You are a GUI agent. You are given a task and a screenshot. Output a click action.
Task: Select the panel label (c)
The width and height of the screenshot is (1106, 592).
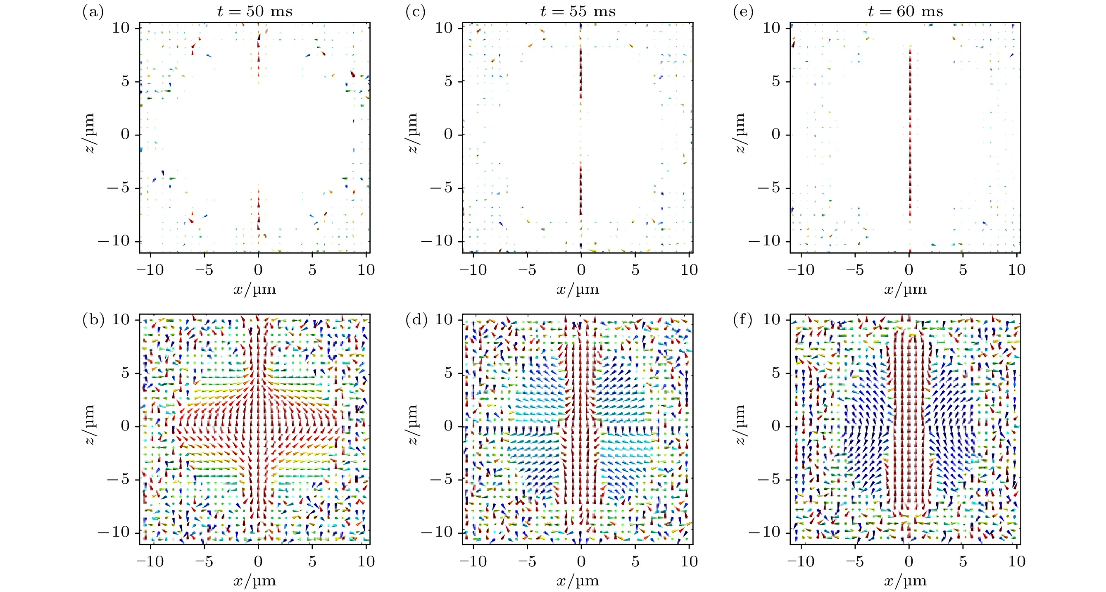[416, 12]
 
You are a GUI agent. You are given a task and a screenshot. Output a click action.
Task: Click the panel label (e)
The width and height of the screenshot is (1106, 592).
[743, 12]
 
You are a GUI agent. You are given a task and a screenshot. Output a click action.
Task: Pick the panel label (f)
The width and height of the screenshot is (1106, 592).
[743, 320]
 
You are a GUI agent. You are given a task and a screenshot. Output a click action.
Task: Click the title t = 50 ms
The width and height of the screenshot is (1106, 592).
[255, 11]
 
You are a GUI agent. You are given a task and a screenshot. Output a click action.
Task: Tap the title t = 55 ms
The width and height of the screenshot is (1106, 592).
[578, 11]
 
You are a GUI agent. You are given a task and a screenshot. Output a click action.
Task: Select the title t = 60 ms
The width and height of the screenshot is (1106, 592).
[906, 11]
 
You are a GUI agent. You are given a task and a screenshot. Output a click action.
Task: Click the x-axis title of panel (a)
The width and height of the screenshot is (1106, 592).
[254, 289]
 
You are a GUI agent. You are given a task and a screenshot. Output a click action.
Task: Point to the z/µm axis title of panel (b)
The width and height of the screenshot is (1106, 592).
[89, 425]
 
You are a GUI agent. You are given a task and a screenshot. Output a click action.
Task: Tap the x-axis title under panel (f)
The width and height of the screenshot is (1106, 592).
[905, 581]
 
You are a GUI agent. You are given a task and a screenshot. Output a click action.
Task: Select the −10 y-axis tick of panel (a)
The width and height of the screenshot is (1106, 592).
[114, 241]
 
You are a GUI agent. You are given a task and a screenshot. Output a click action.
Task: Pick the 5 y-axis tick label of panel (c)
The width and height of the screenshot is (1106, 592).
[448, 81]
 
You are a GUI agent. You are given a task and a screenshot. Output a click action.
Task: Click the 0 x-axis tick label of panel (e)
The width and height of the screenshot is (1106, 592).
[909, 270]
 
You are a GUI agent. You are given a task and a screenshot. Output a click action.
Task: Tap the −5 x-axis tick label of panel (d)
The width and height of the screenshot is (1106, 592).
[527, 561]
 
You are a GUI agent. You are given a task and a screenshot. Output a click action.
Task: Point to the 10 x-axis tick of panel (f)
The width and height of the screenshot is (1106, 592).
[1017, 561]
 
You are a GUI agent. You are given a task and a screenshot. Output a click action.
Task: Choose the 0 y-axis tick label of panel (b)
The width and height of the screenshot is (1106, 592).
[125, 426]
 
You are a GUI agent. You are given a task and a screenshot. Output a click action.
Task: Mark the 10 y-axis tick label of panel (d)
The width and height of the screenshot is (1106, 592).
[444, 320]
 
